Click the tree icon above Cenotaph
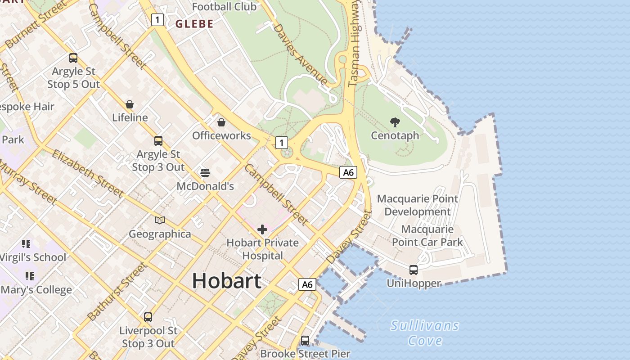click(395, 122)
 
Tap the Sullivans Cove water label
click(425, 333)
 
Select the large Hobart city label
click(226, 281)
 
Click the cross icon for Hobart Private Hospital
click(262, 230)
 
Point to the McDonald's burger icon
click(205, 173)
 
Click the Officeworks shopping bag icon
click(221, 122)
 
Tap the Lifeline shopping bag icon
click(130, 104)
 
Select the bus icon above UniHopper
click(413, 270)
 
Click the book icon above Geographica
click(160, 220)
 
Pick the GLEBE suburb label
click(194, 24)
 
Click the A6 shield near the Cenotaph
click(348, 172)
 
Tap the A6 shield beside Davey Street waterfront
click(307, 284)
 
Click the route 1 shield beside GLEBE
click(157, 20)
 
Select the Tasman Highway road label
click(355, 43)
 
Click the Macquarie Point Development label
click(418, 205)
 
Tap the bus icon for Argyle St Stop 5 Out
click(73, 58)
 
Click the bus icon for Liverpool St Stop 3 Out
click(148, 317)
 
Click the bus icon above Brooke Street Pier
click(305, 341)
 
